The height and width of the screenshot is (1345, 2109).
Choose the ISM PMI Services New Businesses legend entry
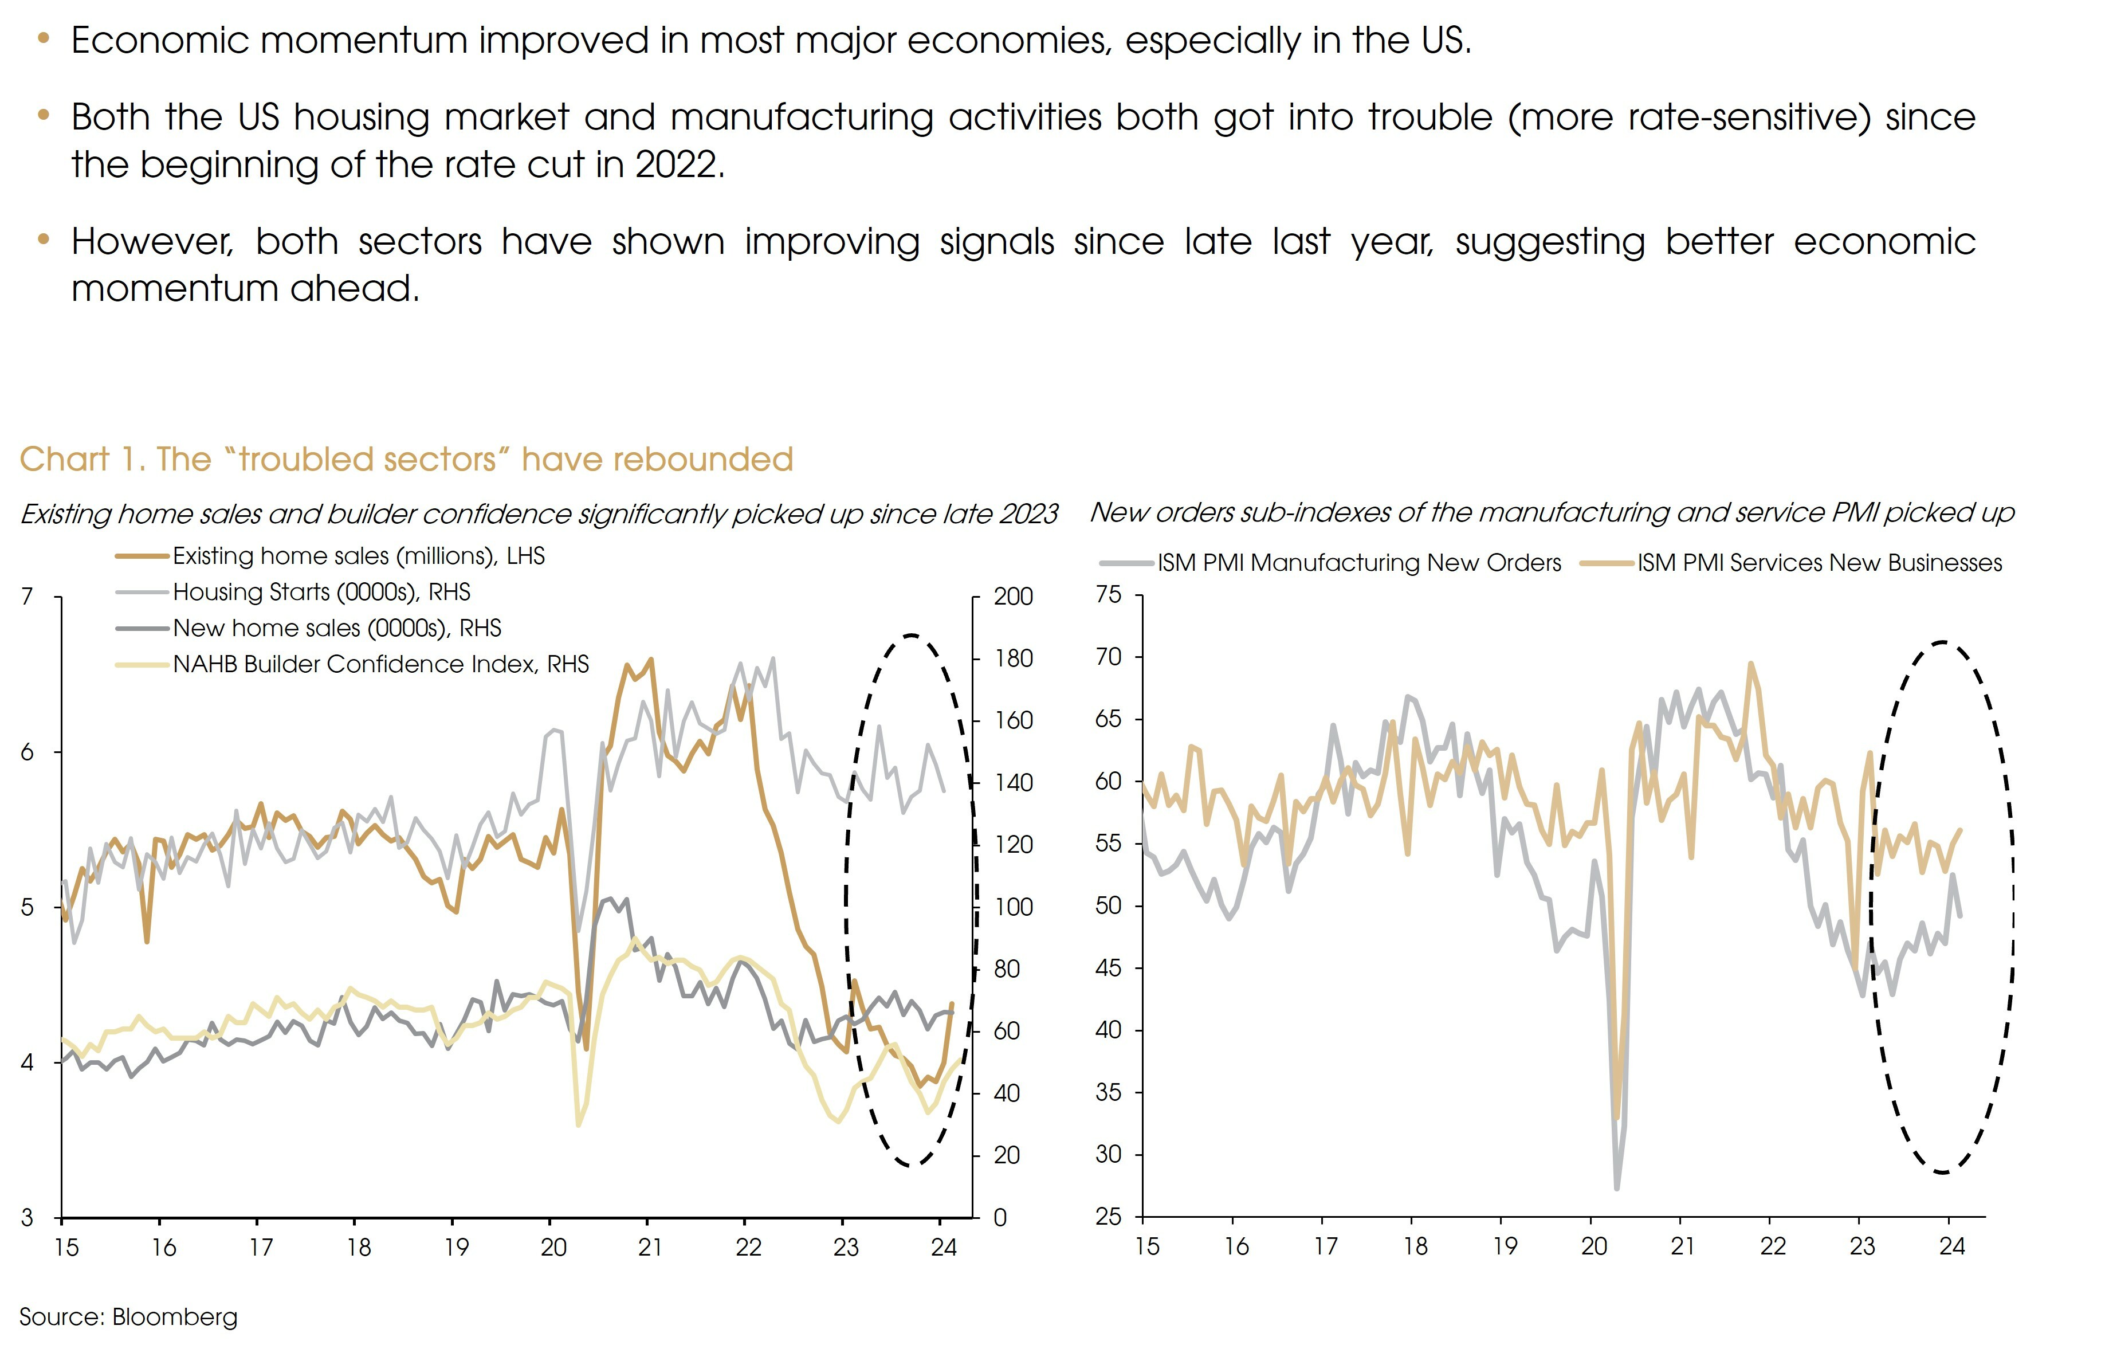[x=1819, y=563]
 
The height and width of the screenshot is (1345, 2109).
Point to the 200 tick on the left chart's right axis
[x=1014, y=597]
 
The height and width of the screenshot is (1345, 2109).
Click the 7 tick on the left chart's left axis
[x=27, y=597]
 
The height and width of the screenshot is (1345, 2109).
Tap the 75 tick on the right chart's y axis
[x=1108, y=595]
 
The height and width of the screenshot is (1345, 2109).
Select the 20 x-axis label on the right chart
[x=1594, y=1246]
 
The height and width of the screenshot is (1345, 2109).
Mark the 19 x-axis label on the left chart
[x=455, y=1247]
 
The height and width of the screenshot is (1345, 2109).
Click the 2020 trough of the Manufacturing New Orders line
[x=1616, y=1187]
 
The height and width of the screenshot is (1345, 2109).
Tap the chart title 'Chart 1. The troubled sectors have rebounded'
[x=406, y=459]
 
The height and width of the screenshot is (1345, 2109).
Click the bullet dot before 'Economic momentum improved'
[x=44, y=38]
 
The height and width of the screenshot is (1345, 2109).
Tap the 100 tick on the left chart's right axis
[x=1014, y=907]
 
